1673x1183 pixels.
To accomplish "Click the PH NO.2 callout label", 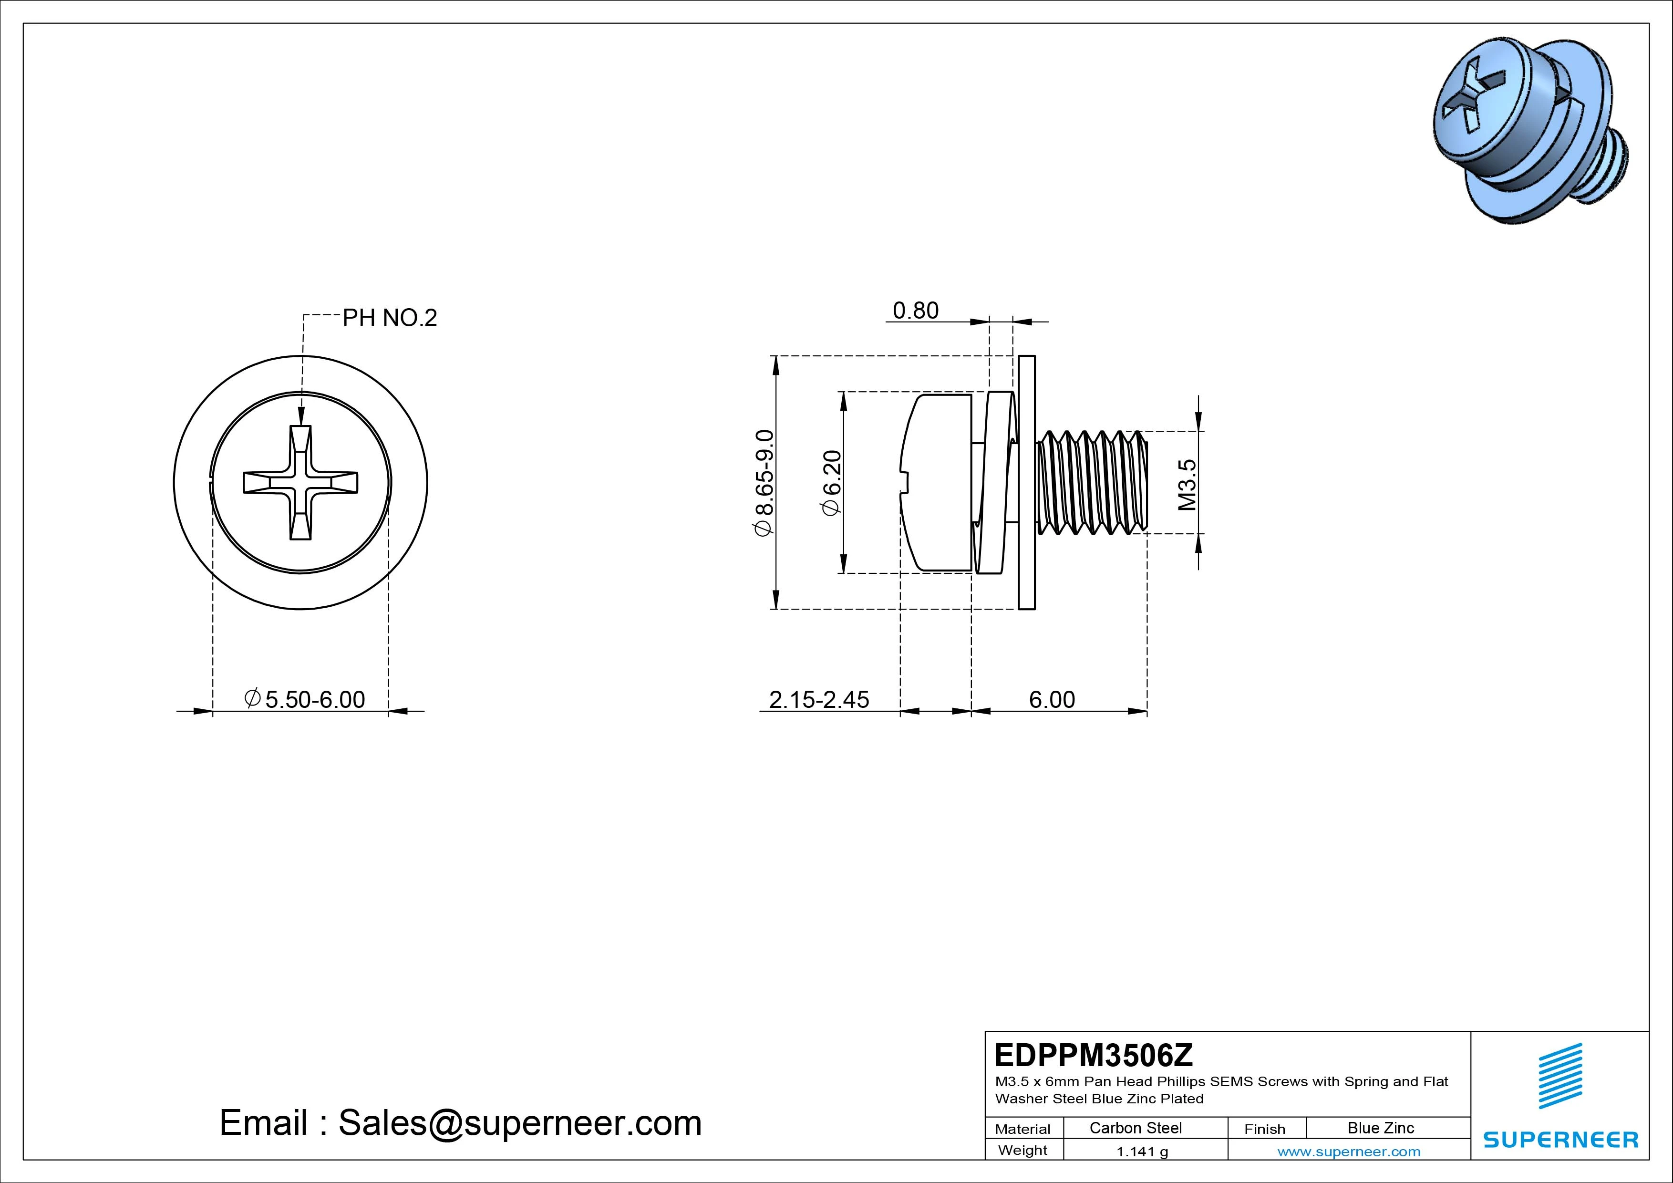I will [x=389, y=318].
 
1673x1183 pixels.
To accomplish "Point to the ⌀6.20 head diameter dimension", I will [x=831, y=483].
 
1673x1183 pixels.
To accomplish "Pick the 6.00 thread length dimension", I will [x=1052, y=700].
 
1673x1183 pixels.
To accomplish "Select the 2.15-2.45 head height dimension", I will [x=819, y=700].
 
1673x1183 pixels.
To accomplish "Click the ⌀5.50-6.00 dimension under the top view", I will [x=305, y=700].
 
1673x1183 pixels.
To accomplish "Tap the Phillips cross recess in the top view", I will [x=300, y=483].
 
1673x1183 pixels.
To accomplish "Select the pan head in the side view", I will [x=936, y=483].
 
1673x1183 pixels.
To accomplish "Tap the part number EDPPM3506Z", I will [x=1094, y=1055].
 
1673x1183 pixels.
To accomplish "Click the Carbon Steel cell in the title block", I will [x=1135, y=1128].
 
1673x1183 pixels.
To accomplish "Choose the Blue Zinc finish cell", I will [x=1380, y=1128].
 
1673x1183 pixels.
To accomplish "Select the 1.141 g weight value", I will [x=1142, y=1152].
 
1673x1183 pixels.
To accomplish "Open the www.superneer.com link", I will [x=1348, y=1152].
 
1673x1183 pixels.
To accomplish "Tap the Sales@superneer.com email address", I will [x=519, y=1122].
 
